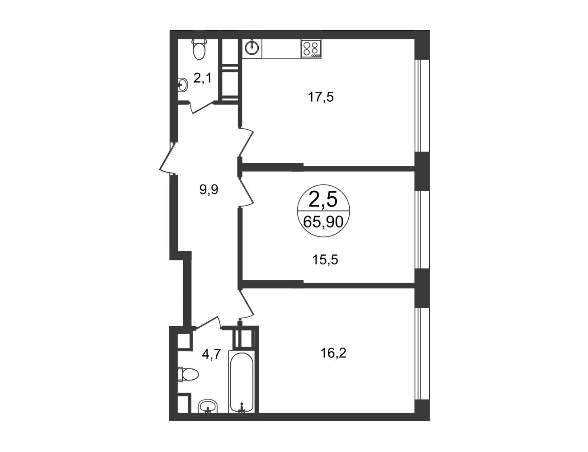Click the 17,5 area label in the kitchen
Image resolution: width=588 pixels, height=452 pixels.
[321, 97]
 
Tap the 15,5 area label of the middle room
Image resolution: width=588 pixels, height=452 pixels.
[325, 260]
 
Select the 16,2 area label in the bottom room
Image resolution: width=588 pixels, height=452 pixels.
[333, 353]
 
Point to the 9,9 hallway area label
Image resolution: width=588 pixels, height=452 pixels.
[209, 190]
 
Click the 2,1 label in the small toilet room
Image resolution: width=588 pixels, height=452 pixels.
[202, 78]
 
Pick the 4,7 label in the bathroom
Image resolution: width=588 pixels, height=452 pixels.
[212, 354]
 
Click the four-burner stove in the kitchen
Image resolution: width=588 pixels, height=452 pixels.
[311, 49]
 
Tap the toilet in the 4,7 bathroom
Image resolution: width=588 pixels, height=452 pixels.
[188, 374]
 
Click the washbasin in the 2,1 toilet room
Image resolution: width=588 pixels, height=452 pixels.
[183, 85]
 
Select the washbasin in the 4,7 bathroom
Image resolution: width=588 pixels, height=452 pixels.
[208, 414]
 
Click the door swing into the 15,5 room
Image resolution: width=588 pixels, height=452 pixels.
[246, 192]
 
